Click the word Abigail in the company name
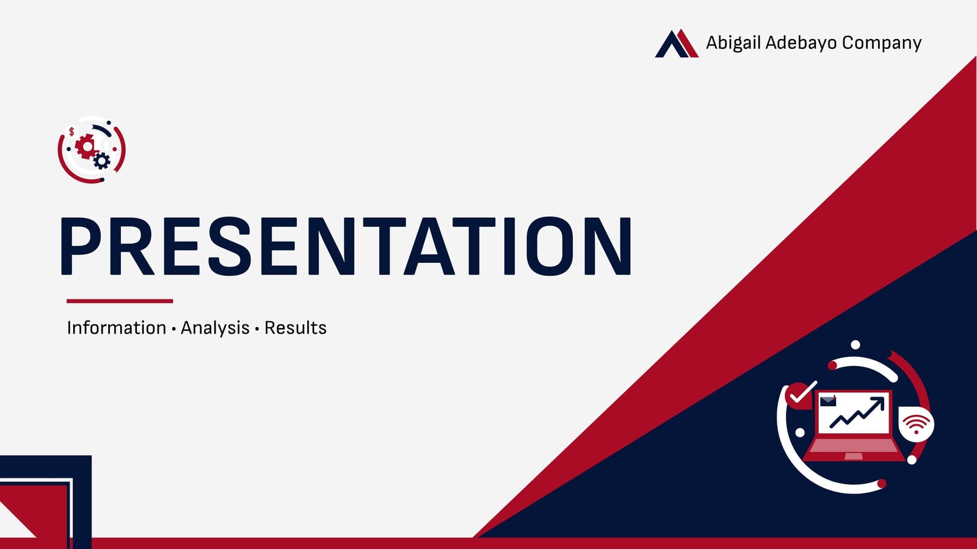pos(733,43)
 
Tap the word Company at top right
pos(882,43)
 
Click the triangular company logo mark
pos(677,43)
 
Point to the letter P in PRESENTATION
pos(81,246)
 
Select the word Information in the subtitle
pos(117,328)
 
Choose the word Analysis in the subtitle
pos(215,328)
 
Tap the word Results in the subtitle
pos(296,328)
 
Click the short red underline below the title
pos(120,301)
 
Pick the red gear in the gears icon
pos(87,146)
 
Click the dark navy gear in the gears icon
pos(101,161)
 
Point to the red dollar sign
pos(71,132)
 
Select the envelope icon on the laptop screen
pos(828,401)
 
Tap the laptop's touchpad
pos(854,456)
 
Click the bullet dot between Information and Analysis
pos(173,329)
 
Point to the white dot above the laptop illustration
pos(855,345)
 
